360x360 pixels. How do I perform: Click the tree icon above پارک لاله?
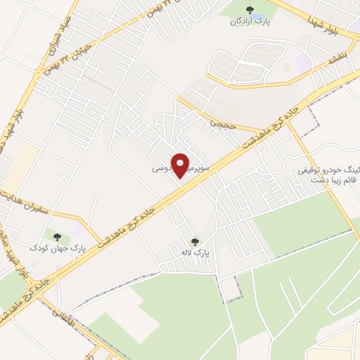(x=195, y=240)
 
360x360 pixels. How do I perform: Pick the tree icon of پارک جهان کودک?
(x=58, y=237)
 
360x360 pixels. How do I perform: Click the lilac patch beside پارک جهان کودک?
(x=77, y=230)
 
